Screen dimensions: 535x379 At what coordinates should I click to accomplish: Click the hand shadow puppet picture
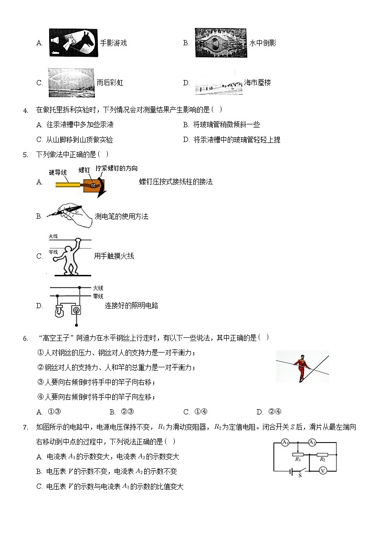click(73, 42)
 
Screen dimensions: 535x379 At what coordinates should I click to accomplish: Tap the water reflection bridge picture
click(221, 42)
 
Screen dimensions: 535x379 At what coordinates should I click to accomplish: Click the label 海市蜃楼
click(257, 82)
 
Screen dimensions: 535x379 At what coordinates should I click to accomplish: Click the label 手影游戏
click(113, 43)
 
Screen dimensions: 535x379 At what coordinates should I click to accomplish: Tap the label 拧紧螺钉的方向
click(116, 168)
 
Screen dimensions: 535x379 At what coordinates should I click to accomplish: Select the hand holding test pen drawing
click(70, 216)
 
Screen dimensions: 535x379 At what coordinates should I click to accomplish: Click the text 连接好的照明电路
click(131, 305)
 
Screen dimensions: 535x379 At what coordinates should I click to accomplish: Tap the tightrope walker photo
click(302, 366)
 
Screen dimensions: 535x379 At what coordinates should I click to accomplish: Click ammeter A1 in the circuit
click(285, 443)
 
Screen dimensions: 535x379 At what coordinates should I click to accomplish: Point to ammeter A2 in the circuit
click(312, 443)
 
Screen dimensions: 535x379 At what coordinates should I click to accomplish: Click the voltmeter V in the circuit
click(323, 470)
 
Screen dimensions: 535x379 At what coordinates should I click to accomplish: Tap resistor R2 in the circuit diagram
click(323, 454)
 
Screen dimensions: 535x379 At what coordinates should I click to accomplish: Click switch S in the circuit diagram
click(299, 471)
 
